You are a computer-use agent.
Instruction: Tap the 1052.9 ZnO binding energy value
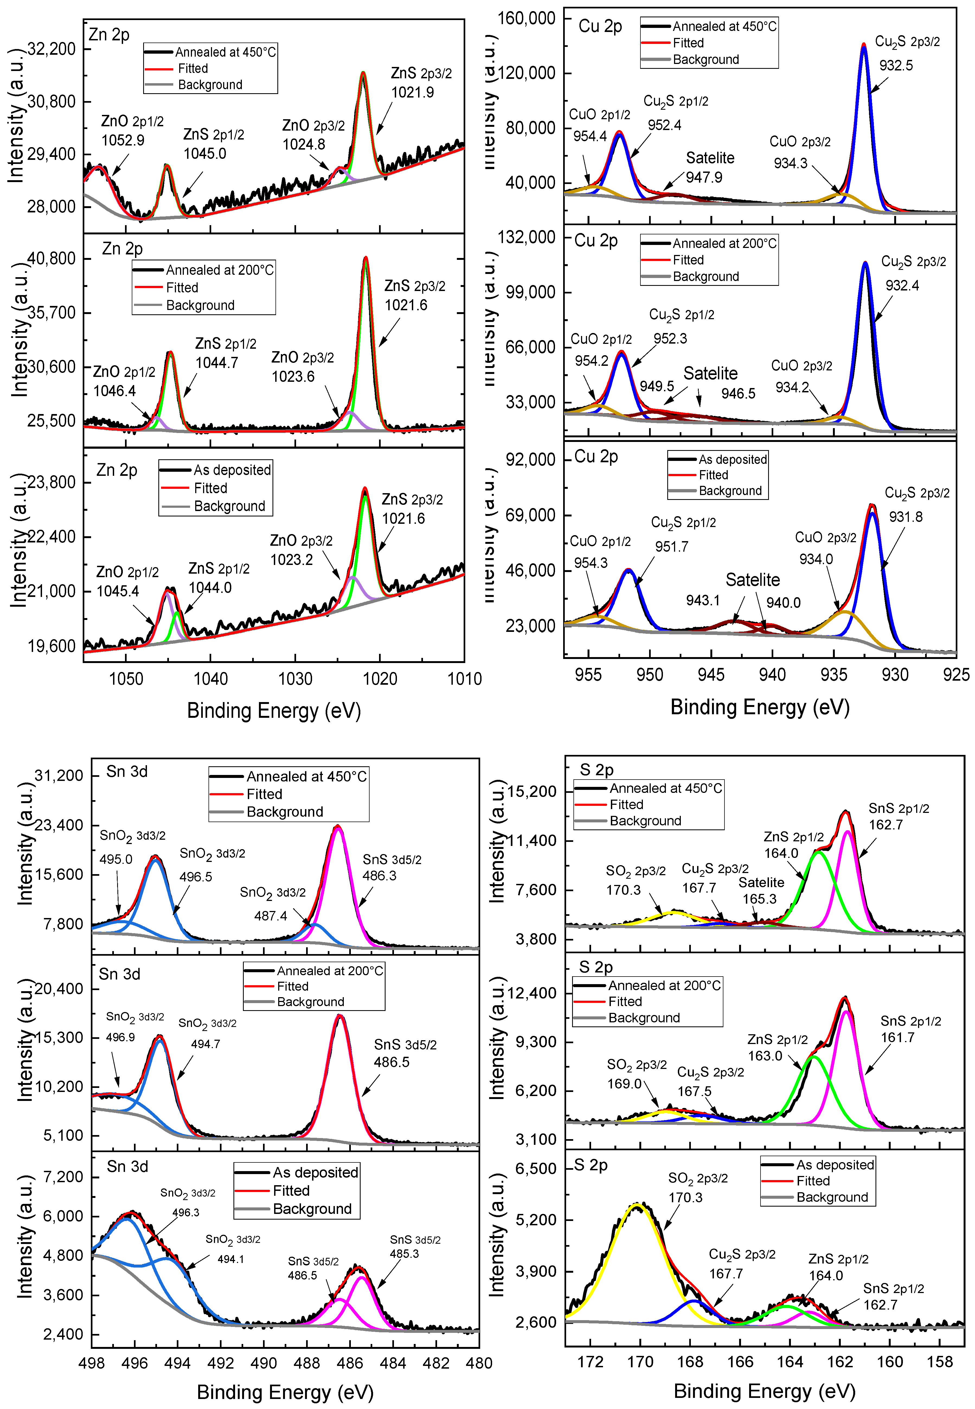point(123,140)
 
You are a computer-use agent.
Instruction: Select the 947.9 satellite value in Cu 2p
point(704,177)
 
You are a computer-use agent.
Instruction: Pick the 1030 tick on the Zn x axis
point(295,678)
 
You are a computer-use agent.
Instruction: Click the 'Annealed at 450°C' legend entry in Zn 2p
point(225,52)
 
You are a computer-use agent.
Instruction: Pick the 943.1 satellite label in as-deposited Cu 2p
point(703,600)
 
